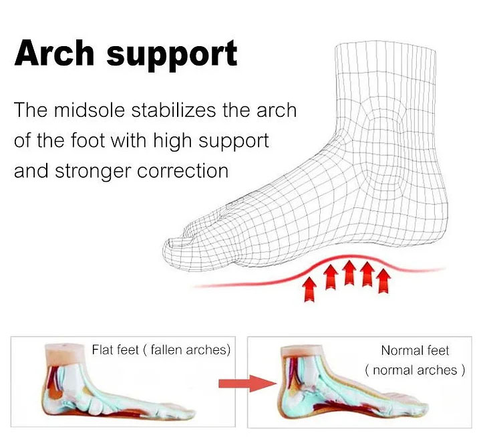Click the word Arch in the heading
(54, 53)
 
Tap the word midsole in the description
(90, 110)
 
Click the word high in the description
(172, 142)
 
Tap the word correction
(182, 171)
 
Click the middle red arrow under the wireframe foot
(349, 273)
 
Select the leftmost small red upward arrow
(309, 289)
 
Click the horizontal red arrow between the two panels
(247, 384)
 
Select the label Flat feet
(116, 349)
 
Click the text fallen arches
(187, 350)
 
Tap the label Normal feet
(415, 350)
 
